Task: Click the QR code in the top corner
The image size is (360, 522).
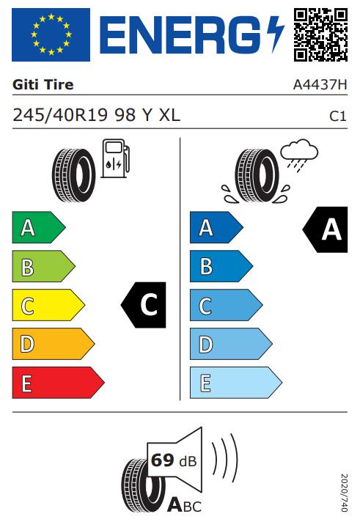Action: tap(320, 34)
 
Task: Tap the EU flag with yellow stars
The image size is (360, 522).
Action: tap(51, 34)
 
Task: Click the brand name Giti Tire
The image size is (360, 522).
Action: tap(43, 84)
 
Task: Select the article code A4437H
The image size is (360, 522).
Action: tap(320, 84)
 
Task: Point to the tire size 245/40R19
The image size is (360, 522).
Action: tap(60, 115)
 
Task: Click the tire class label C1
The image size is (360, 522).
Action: tap(338, 116)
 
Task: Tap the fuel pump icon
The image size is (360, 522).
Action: tap(115, 158)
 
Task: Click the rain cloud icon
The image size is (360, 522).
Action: tap(299, 155)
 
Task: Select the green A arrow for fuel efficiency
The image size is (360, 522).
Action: tap(39, 227)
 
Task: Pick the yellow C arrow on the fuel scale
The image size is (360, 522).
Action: tap(48, 305)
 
